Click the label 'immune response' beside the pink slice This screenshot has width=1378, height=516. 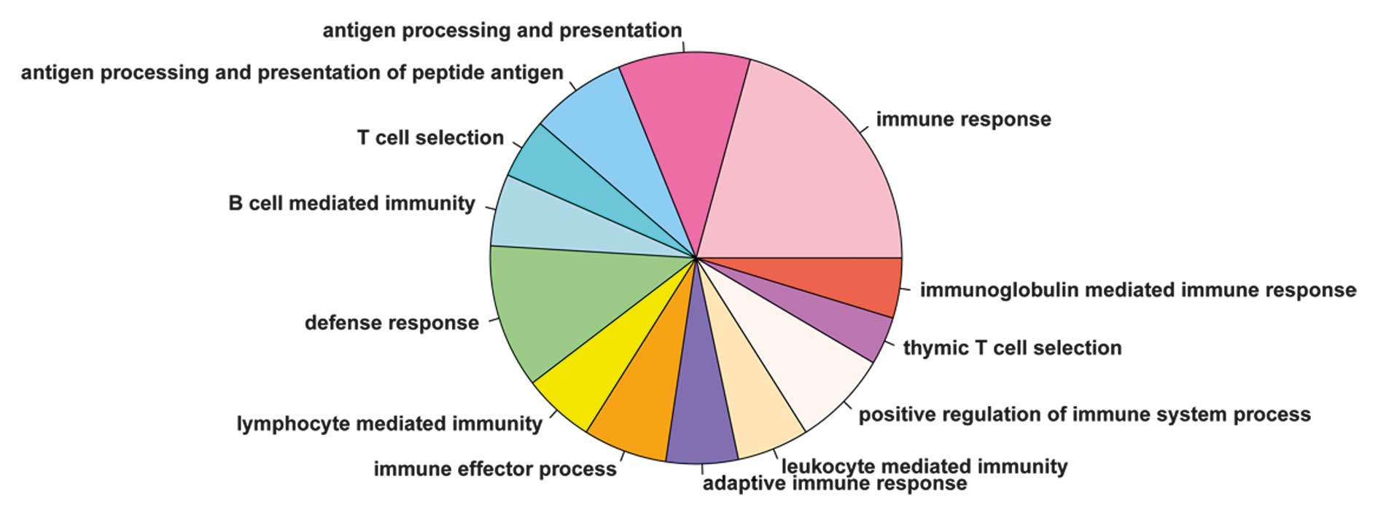(x=963, y=120)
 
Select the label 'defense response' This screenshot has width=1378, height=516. (x=392, y=323)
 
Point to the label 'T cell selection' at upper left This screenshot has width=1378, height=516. (x=430, y=138)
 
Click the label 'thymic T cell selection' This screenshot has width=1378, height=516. (x=1012, y=348)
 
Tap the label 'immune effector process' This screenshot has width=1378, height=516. (x=495, y=469)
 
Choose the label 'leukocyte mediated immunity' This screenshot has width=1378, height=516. (x=924, y=466)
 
